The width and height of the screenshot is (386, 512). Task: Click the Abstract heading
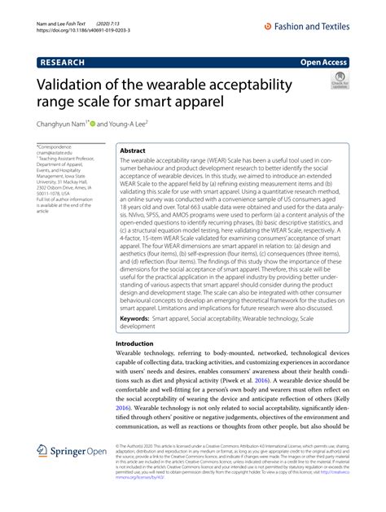point(133,151)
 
